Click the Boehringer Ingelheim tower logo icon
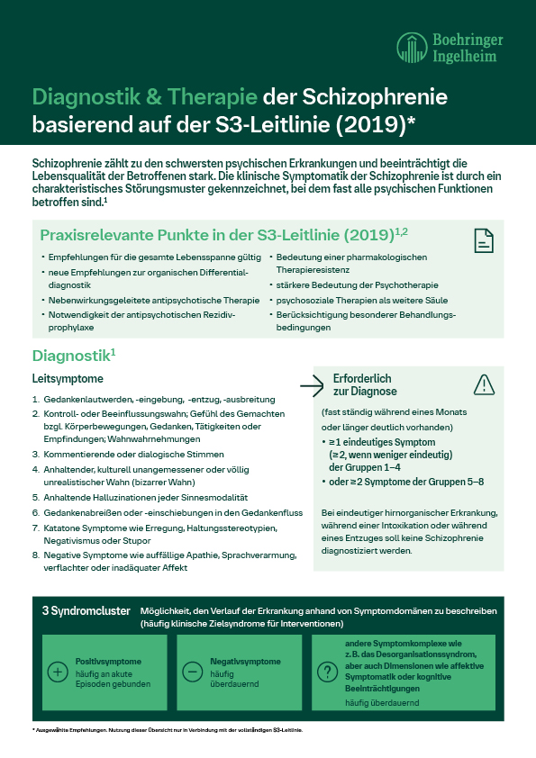pos(413,46)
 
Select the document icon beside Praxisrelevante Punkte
pos(484,240)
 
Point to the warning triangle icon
pos(484,384)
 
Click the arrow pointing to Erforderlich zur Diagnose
pos(311,386)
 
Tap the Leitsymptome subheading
pos(68,379)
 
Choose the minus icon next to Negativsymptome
pos(191,672)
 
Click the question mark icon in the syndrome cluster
pos(326,672)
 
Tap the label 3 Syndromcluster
pos(86,610)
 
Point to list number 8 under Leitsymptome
pos(36,555)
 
